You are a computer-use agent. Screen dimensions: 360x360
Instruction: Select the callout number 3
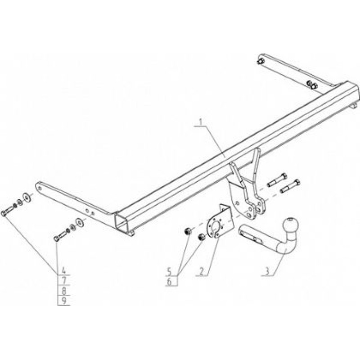coord(267,271)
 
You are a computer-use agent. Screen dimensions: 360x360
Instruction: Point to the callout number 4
coord(63,270)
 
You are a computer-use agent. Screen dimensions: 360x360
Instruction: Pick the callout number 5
coord(169,272)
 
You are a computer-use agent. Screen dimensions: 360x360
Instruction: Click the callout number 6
coord(169,282)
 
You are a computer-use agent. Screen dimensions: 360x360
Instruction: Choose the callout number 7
coord(64,280)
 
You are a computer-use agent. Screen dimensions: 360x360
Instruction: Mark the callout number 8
coord(64,291)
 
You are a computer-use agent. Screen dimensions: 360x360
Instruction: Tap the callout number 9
coord(64,301)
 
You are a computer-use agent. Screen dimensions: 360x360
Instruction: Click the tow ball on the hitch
coord(291,225)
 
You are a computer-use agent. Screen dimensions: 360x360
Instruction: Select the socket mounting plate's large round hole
coord(215,227)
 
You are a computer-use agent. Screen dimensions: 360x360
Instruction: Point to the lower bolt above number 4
coord(60,236)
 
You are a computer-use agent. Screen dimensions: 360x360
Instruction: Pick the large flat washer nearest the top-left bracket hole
coord(27,198)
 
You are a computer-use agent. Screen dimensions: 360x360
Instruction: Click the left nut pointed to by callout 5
coord(188,231)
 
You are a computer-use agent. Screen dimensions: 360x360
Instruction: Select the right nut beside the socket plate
coord(201,237)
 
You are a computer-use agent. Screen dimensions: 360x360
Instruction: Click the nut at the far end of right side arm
coord(261,61)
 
